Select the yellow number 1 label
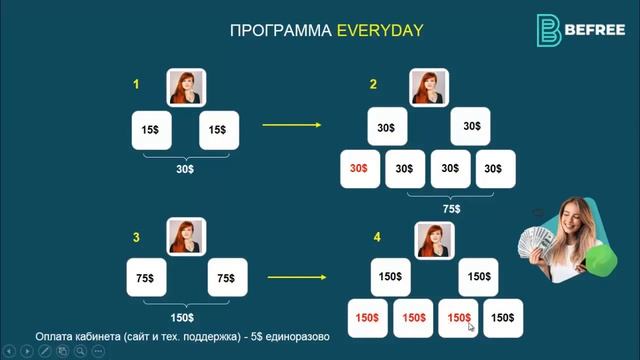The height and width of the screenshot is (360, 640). [x=136, y=85]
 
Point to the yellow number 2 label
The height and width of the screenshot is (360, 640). [x=373, y=85]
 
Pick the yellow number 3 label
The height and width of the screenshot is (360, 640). [x=136, y=237]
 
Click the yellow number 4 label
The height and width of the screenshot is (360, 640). [x=377, y=237]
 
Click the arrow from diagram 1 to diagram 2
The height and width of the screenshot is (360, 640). [x=291, y=125]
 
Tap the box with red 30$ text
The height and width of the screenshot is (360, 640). [x=360, y=169]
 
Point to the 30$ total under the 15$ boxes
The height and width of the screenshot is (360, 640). [x=185, y=169]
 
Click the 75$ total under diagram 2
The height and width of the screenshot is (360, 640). [x=451, y=209]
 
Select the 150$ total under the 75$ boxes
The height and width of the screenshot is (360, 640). [x=183, y=316]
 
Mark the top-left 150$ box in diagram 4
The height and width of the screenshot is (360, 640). [x=391, y=276]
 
